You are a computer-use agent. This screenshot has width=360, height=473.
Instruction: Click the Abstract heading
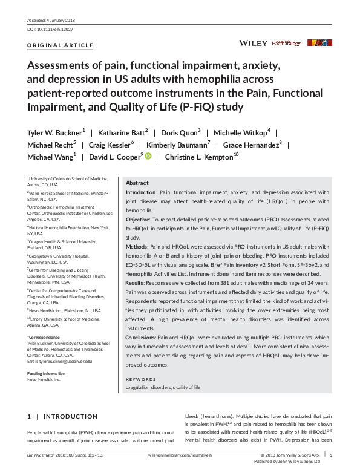[x=137, y=183]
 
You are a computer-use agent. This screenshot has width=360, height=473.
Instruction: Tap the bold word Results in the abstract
[x=136, y=283]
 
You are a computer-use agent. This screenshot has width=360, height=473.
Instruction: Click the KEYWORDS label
[x=140, y=379]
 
